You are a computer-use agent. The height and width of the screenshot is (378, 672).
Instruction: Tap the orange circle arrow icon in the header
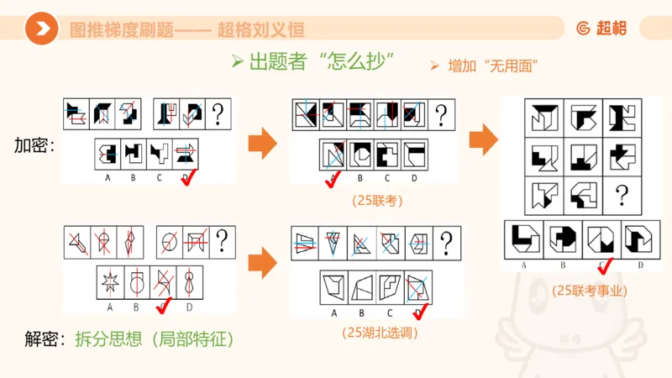pos(41,30)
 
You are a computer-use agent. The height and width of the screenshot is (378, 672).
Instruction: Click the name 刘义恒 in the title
pos(278,30)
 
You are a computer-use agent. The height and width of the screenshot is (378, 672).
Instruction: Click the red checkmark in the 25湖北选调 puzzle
pos(420,312)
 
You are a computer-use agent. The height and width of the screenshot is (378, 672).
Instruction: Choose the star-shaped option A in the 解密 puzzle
pos(108,282)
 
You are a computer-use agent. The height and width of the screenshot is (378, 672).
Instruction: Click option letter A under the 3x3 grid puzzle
pos(524,265)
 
